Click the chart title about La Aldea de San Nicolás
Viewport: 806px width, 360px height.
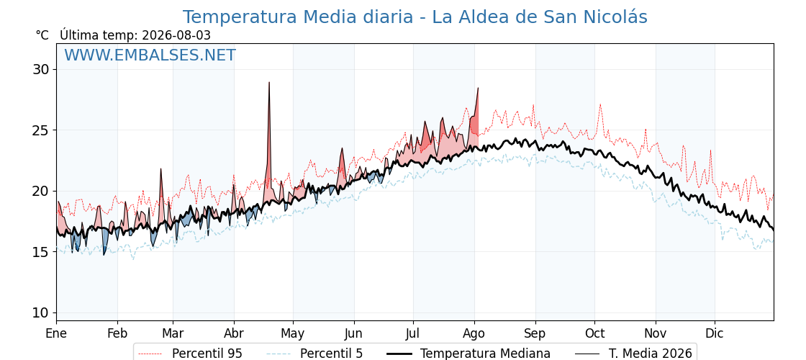coord(415,17)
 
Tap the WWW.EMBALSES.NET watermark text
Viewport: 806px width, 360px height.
coord(150,55)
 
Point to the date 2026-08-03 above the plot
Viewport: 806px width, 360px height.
coord(176,35)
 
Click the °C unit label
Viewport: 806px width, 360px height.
coord(42,35)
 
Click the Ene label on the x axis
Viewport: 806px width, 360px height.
coord(56,334)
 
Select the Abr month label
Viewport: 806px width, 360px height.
coord(234,334)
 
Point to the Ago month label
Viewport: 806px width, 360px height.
coord(474,334)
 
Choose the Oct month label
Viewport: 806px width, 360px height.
coord(594,334)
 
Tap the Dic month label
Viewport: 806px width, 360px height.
coord(715,334)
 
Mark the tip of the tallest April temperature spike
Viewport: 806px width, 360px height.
coord(269,82)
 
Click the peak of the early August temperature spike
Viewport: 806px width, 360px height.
coord(478,88)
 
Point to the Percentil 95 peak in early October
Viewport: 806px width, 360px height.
coord(600,104)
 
